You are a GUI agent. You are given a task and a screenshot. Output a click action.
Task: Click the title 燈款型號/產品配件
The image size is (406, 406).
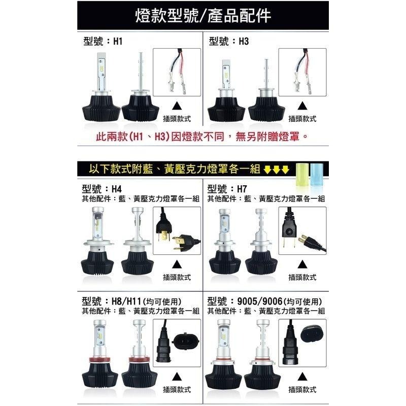[x=203, y=16]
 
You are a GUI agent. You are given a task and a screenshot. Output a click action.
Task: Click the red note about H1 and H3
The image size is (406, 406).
[x=202, y=137]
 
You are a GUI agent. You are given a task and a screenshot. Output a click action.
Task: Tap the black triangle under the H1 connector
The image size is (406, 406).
[x=177, y=106]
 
